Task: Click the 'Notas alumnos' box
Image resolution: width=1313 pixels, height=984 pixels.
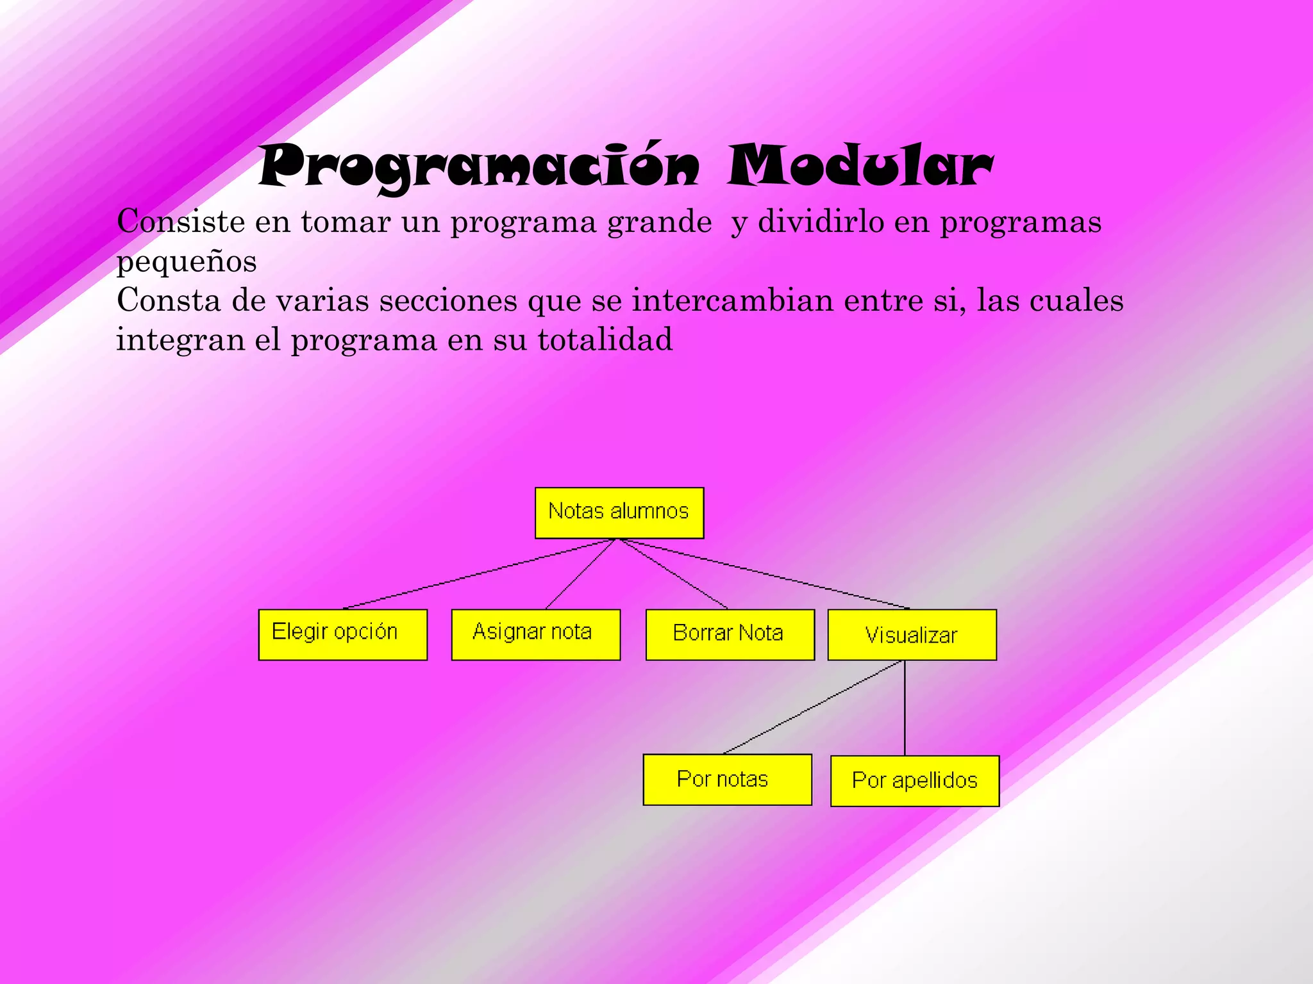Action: point(619,512)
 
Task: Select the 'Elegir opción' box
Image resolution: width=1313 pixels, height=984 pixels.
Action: point(342,634)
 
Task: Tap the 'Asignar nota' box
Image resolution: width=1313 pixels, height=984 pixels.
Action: point(535,634)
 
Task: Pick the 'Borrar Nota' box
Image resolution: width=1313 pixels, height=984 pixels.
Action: point(730,634)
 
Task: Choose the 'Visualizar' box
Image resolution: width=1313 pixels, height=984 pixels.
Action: point(912,634)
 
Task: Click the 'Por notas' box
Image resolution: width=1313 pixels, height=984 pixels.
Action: point(727,780)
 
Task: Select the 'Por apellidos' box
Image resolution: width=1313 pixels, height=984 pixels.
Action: point(914,781)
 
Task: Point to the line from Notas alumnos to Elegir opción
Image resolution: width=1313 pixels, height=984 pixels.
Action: point(480,573)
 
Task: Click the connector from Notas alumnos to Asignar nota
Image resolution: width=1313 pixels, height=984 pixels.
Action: point(580,573)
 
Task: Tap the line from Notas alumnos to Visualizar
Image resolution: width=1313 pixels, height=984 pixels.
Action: point(763,574)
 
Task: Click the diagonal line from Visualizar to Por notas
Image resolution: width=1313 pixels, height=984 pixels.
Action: point(813,707)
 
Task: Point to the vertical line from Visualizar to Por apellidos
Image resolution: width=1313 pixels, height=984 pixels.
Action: point(905,708)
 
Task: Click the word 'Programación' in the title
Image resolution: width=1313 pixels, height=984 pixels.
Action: point(479,167)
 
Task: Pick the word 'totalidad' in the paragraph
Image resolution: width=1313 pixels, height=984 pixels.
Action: point(605,340)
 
